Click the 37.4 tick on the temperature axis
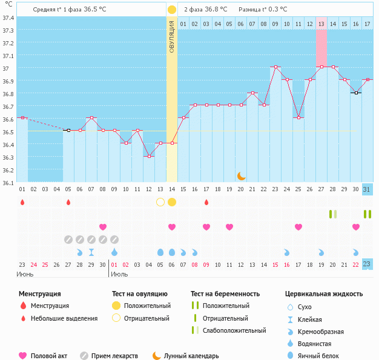click(8, 18)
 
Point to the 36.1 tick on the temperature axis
click(8, 182)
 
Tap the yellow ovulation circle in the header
click(172, 10)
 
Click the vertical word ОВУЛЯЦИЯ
click(172, 36)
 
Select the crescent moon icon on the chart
click(242, 175)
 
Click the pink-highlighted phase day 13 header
click(321, 24)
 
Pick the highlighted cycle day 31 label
click(367, 189)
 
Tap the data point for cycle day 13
click(160, 143)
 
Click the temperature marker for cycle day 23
click(275, 67)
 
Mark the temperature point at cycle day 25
click(298, 117)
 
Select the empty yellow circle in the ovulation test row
click(160, 202)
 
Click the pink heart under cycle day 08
click(103, 227)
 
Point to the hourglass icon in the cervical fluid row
click(91, 252)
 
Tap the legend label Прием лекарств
click(114, 356)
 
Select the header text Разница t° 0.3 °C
click(263, 10)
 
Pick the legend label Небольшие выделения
click(64, 318)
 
